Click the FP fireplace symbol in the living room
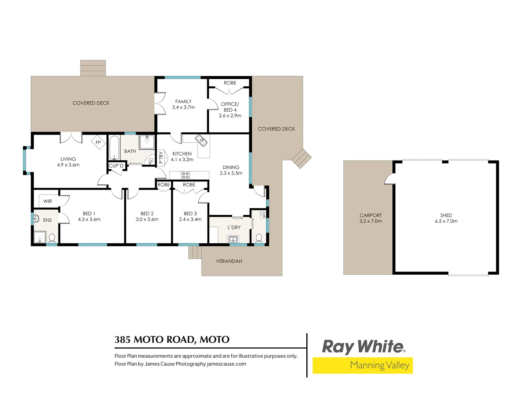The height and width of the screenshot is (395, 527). pyautogui.click(x=98, y=142)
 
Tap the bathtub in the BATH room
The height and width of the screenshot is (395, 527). pyautogui.click(x=114, y=148)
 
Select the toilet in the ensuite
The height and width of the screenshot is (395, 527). pyautogui.click(x=52, y=238)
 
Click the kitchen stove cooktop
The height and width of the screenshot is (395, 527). pyautogui.click(x=186, y=175)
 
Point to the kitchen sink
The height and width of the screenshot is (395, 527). pyautogui.click(x=201, y=140)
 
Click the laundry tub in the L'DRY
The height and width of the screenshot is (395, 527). pyautogui.click(x=233, y=239)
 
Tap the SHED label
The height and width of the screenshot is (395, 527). pyautogui.click(x=446, y=215)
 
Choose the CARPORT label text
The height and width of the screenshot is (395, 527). pyautogui.click(x=370, y=215)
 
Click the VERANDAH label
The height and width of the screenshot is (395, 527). pyautogui.click(x=229, y=261)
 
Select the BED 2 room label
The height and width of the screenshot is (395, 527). pyautogui.click(x=147, y=214)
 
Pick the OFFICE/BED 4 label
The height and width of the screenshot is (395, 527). pyautogui.click(x=230, y=107)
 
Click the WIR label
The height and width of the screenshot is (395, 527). pyautogui.click(x=48, y=201)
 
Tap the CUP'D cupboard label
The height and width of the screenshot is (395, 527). pyautogui.click(x=116, y=166)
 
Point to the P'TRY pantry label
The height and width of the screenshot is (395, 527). pyautogui.click(x=161, y=157)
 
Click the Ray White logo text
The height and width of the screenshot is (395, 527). pyautogui.click(x=363, y=347)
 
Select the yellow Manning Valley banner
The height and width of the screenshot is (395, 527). pyautogui.click(x=362, y=365)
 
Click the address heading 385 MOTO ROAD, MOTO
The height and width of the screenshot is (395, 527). pyautogui.click(x=172, y=340)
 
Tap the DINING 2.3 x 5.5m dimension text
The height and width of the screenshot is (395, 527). pyautogui.click(x=231, y=173)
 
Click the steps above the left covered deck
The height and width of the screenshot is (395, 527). pyautogui.click(x=93, y=68)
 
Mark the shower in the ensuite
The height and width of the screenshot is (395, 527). pyautogui.click(x=40, y=237)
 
